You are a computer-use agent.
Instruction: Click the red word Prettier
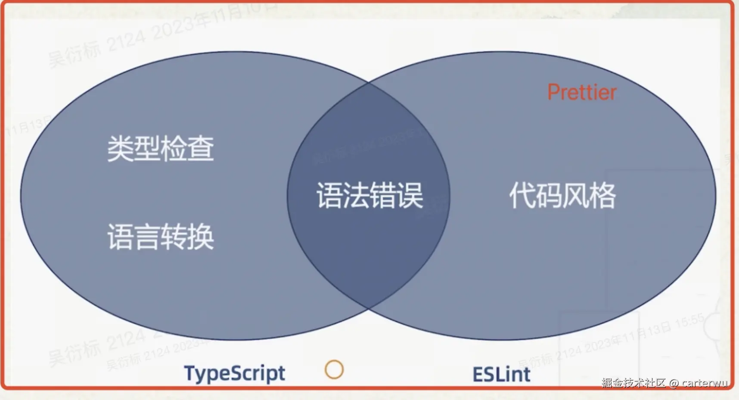pos(581,92)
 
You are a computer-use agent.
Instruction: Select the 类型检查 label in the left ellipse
pos(160,149)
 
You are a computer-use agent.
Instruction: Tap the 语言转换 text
pos(160,237)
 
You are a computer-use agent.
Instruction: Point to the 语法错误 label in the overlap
pos(370,195)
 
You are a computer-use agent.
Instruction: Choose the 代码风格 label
pos(562,195)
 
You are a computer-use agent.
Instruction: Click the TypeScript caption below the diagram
pos(234,374)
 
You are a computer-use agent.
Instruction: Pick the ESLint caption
pos(501,374)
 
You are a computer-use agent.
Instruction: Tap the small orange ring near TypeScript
pos(334,369)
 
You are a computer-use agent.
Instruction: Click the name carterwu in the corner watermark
pos(705,383)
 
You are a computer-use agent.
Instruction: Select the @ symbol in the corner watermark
pos(674,383)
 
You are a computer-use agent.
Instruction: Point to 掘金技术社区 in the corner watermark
pos(633,383)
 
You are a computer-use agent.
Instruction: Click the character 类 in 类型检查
pos(120,149)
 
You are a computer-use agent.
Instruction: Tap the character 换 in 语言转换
pos(201,237)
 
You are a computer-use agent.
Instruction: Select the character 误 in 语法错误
pos(410,195)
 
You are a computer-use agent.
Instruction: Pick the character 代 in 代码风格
pos(522,195)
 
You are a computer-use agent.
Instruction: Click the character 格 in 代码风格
pos(603,195)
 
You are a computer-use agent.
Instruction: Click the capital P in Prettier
pos(553,92)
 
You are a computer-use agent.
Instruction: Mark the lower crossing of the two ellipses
pos(369,309)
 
